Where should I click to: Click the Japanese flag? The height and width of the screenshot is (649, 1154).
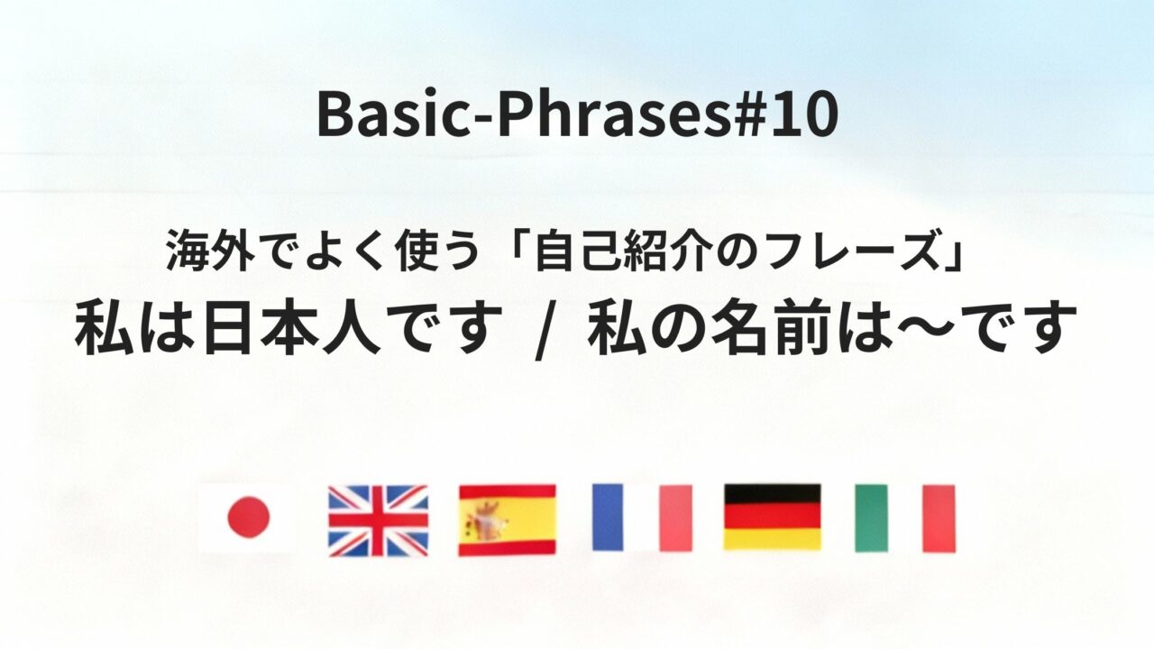tap(247, 518)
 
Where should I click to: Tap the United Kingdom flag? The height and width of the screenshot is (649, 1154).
tap(378, 520)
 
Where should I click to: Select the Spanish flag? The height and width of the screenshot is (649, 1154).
tap(507, 520)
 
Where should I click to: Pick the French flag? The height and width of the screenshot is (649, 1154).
tap(642, 517)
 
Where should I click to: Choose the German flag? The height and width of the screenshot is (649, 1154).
tap(773, 517)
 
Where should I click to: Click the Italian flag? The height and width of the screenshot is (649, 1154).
tap(904, 518)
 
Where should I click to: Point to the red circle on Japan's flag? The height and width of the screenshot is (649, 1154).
tap(247, 517)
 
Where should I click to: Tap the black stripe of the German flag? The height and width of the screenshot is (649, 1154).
tap(773, 494)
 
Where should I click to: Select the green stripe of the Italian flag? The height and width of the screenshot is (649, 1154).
tap(871, 518)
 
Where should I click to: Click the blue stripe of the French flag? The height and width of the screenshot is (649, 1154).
tap(608, 517)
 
